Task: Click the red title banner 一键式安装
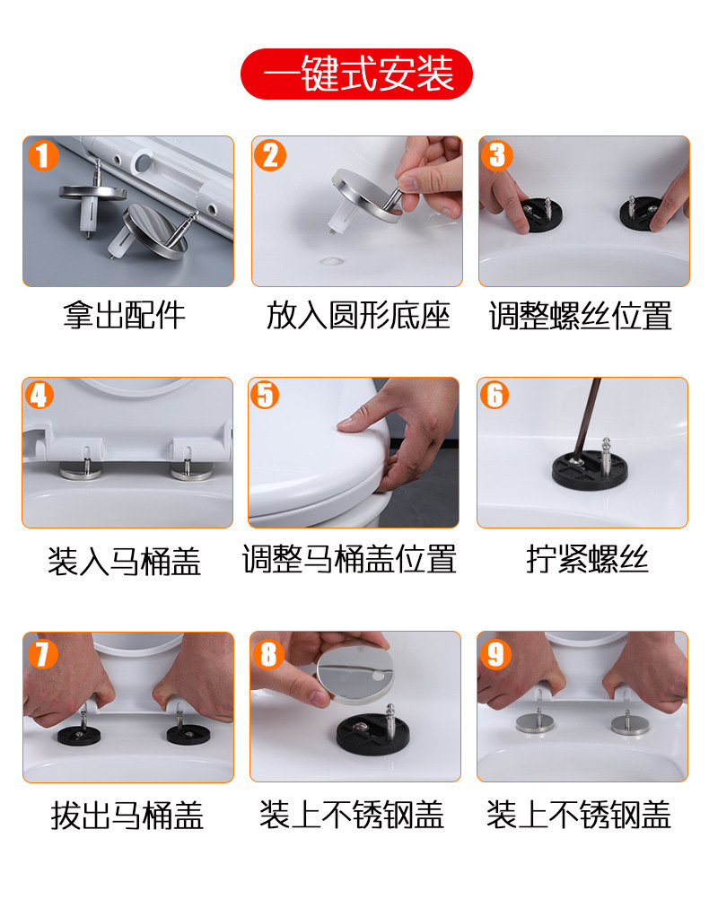point(356,74)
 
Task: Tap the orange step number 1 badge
point(43,154)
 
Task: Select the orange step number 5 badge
point(265,395)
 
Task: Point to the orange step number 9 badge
point(495,654)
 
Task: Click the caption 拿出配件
point(125,316)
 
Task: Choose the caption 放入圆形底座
point(358,316)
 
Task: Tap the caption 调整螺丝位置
point(581,316)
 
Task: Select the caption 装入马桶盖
point(125,562)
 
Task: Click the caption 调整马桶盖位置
point(349,559)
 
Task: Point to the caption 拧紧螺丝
point(587,559)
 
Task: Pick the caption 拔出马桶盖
point(127,816)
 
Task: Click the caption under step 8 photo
point(352,815)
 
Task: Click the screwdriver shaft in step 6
point(586,419)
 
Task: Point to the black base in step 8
point(373,734)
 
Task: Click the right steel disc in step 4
point(191,473)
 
